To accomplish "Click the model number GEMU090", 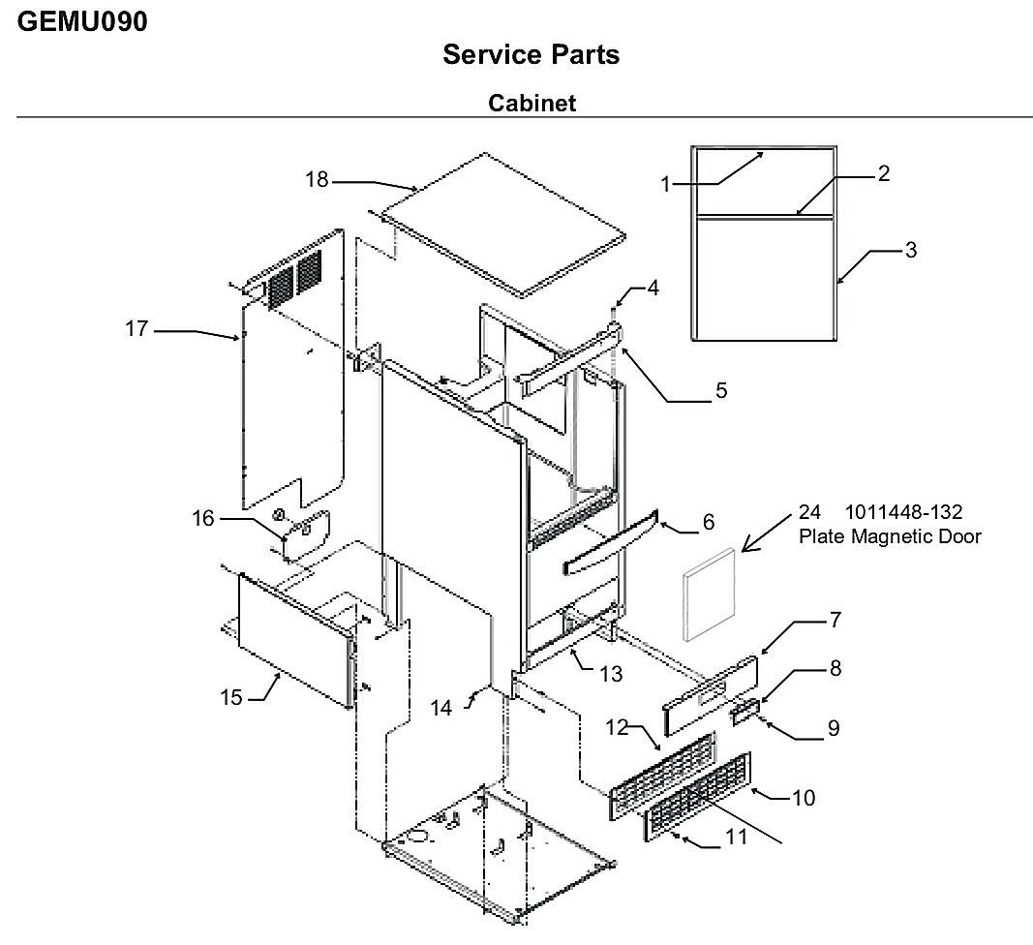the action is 82,21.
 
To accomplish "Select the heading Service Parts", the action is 531,54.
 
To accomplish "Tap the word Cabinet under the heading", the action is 532,103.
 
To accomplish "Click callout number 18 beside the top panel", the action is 317,179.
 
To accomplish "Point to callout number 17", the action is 137,328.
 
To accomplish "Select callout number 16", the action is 203,519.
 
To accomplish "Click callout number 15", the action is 231,697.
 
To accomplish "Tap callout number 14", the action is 441,708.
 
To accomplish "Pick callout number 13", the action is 611,674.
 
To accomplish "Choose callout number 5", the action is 721,390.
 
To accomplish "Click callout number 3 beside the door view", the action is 910,250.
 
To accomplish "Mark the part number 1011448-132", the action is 903,512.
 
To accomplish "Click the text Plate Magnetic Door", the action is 890,536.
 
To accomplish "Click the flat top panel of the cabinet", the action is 504,225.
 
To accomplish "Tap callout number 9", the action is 834,728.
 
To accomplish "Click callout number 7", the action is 836,620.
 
